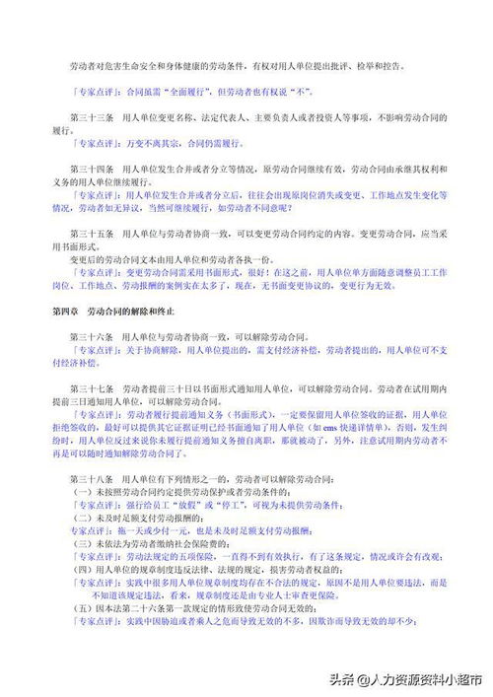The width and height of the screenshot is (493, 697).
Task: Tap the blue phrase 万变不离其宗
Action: tap(140, 143)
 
